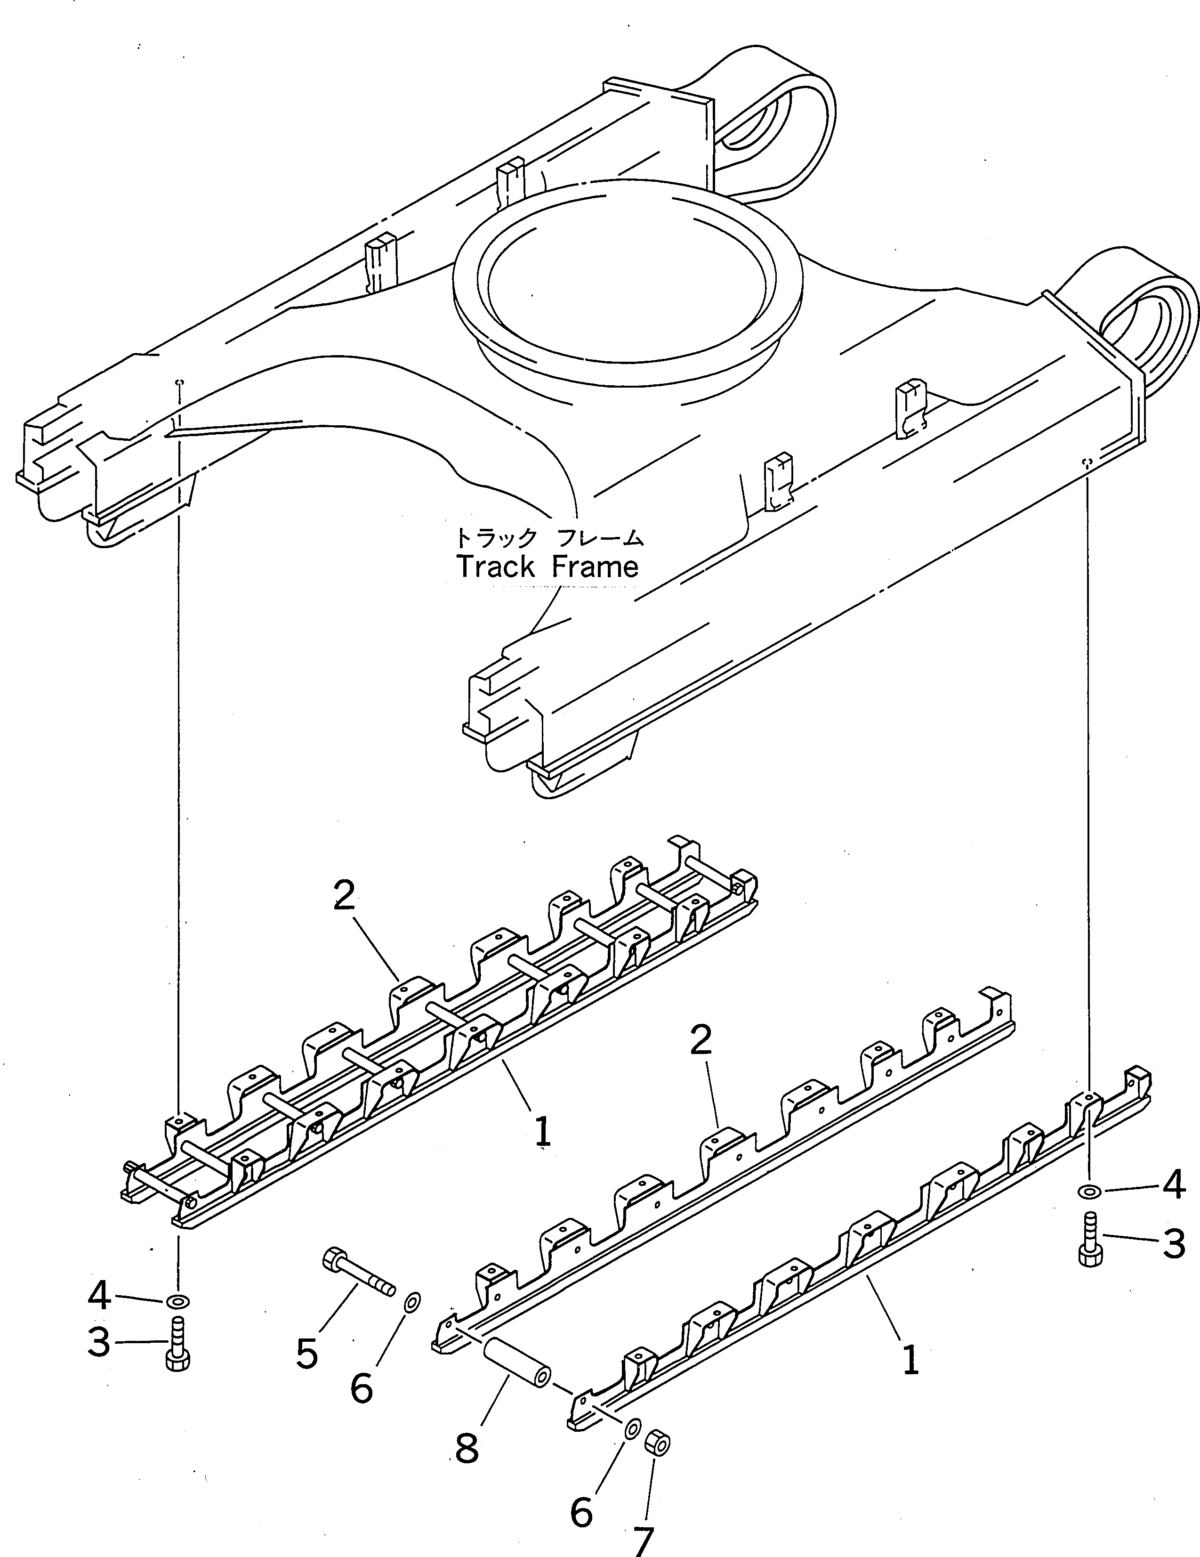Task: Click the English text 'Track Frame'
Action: coord(547,568)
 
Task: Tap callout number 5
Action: coord(306,1353)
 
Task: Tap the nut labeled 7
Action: coord(658,1442)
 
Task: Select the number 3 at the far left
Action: coord(98,1342)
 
